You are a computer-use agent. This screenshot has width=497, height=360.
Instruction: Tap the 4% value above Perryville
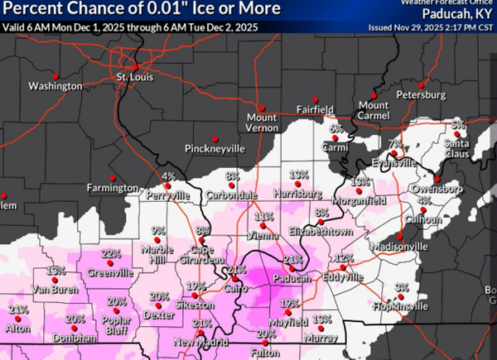[x=168, y=176]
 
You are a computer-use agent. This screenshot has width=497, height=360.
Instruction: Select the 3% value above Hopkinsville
[x=402, y=287]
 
